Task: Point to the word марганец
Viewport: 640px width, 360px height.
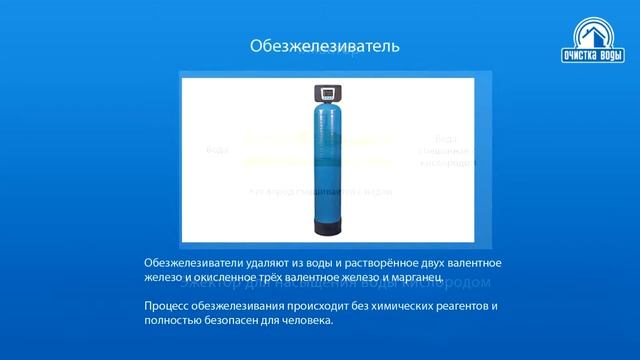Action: [407, 276]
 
